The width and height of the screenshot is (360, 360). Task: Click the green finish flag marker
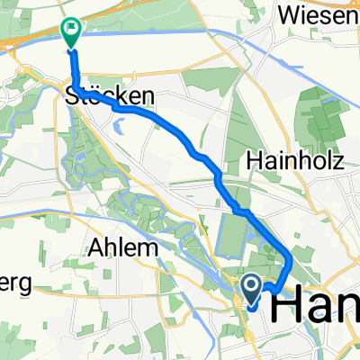[71, 31]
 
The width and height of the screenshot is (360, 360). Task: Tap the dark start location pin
[251, 289]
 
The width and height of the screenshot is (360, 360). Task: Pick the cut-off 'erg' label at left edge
[16, 283]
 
